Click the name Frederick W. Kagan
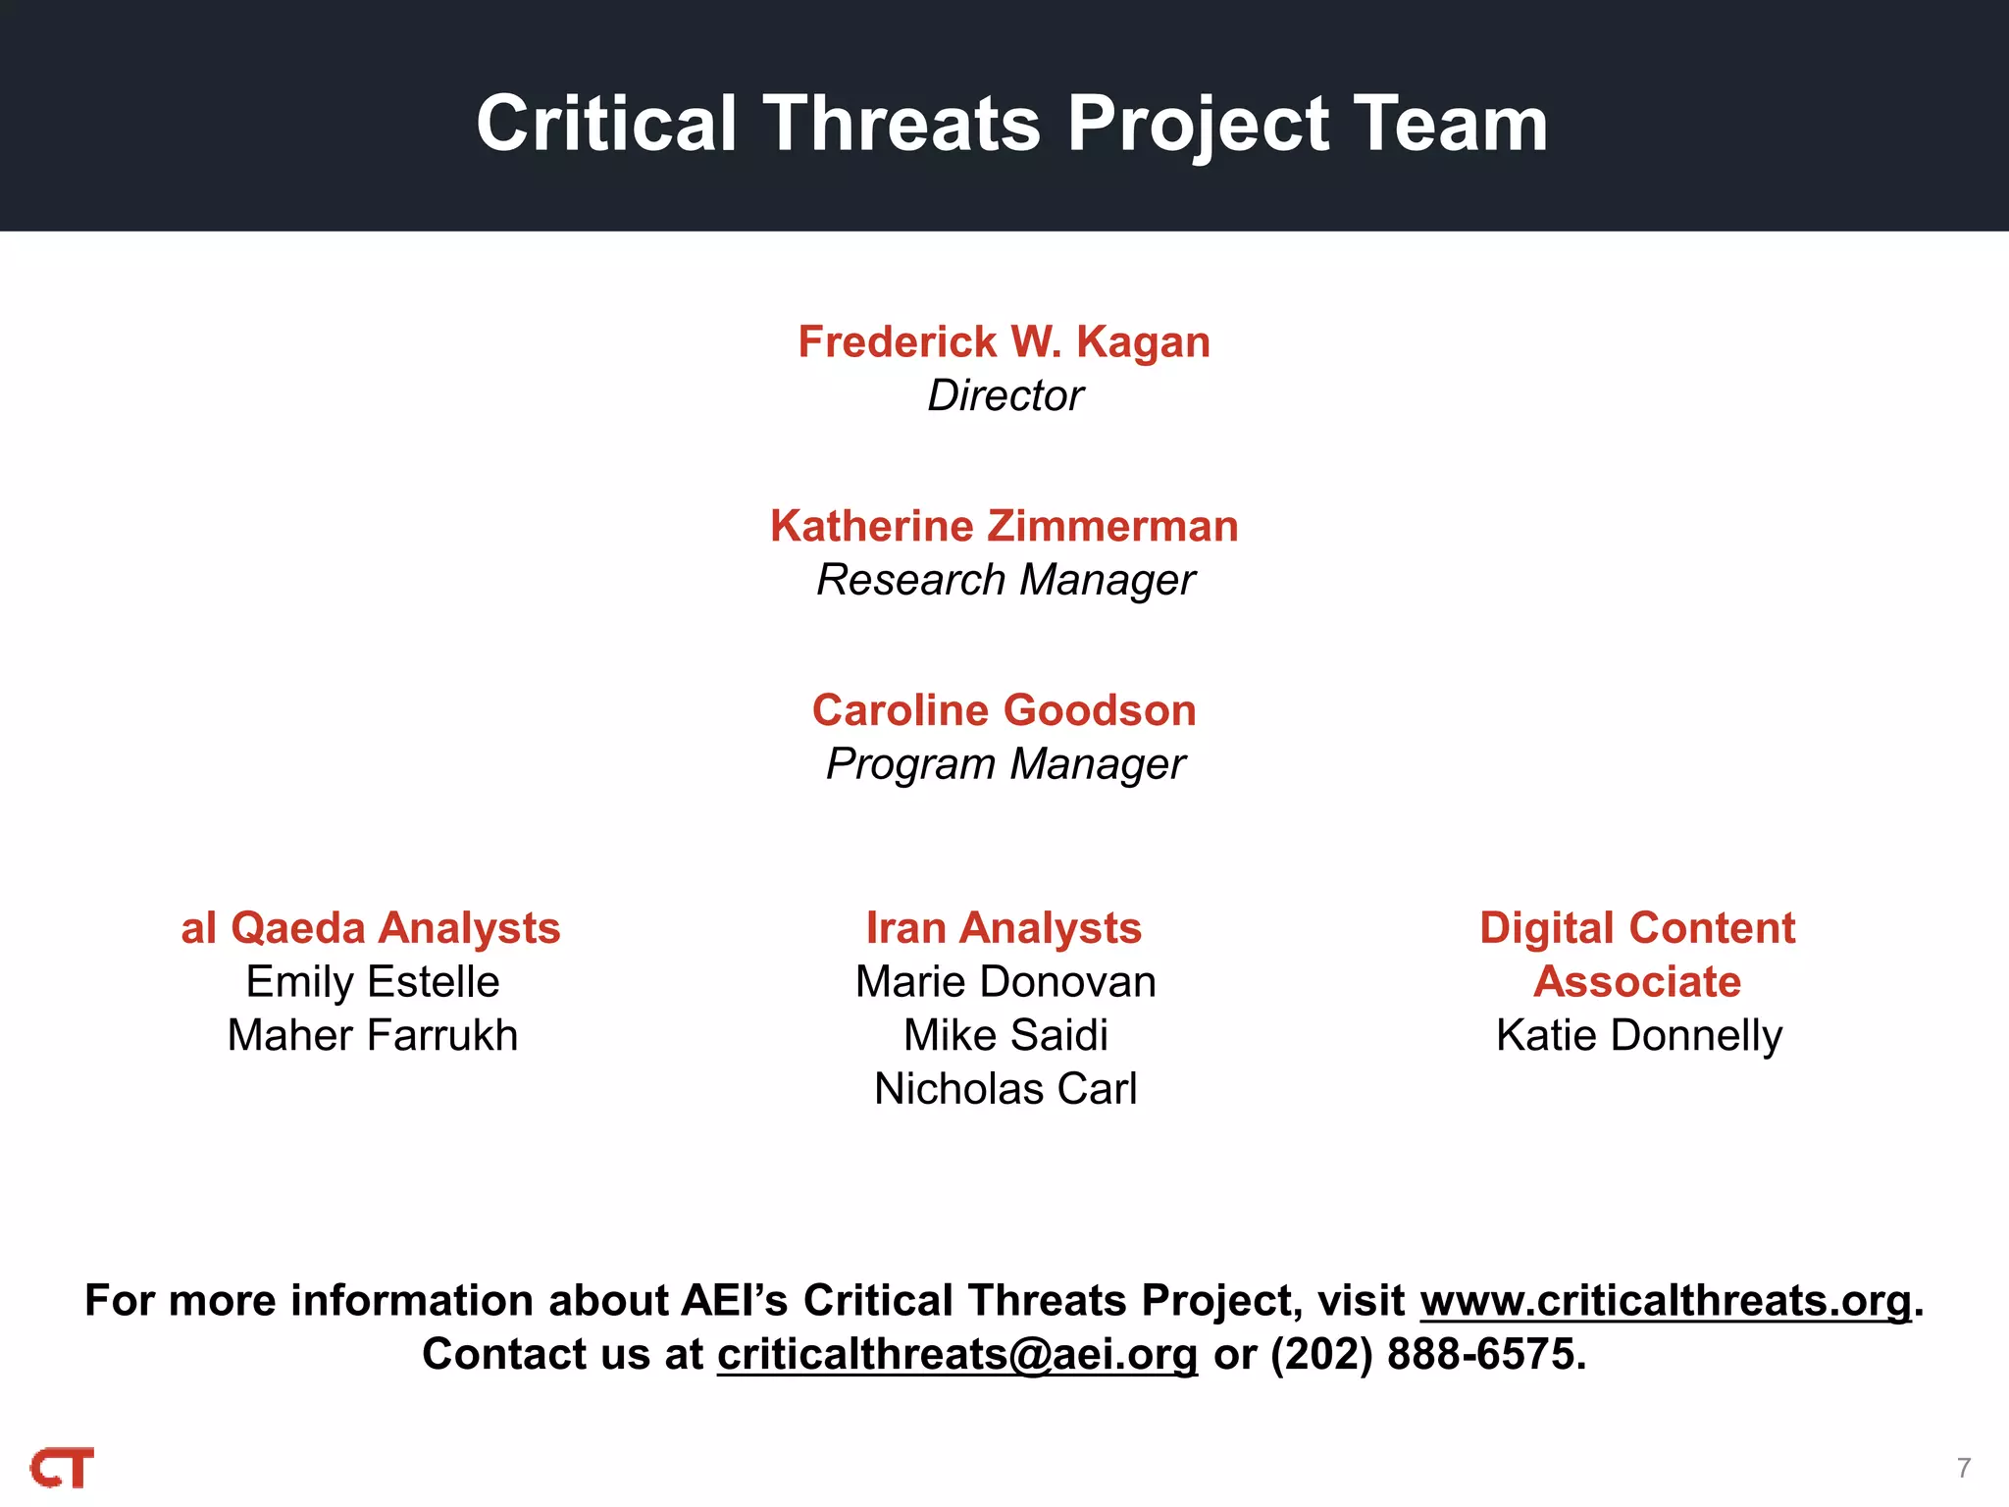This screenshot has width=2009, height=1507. (1004, 342)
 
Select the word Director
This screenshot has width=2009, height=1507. (1005, 396)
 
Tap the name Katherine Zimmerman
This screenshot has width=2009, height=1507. (1004, 527)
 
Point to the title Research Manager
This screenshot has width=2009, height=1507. (1005, 580)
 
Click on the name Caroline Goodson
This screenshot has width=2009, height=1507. (1004, 710)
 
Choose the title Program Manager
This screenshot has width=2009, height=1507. (1005, 764)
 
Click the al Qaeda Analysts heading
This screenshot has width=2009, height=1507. (371, 928)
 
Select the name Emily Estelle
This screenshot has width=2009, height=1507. (373, 982)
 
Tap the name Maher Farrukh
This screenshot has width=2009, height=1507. (373, 1036)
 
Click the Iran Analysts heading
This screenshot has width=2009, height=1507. (1004, 928)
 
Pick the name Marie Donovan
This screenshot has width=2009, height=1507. (1005, 982)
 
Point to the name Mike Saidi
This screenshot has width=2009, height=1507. (1005, 1036)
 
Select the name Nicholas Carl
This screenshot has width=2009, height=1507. (1005, 1089)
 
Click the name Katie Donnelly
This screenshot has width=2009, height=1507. (1639, 1036)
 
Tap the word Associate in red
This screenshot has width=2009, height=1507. (1637, 982)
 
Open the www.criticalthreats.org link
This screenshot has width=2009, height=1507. (1666, 1301)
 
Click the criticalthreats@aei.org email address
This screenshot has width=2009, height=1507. (957, 1355)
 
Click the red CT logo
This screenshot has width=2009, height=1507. (63, 1468)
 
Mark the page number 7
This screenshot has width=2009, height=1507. (1963, 1468)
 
